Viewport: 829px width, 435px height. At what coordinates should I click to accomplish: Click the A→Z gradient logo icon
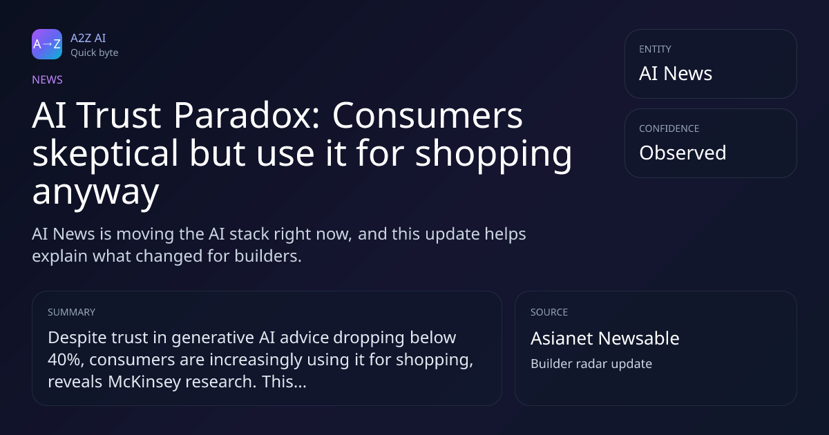(x=47, y=44)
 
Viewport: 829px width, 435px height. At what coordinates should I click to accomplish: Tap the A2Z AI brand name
(x=88, y=38)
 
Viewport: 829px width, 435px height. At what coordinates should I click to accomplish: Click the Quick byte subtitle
(x=95, y=53)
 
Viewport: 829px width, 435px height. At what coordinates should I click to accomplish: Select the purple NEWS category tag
(x=47, y=80)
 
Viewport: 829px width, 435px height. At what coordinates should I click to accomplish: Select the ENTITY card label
(x=655, y=49)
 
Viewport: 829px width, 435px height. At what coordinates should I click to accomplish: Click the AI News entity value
(x=676, y=73)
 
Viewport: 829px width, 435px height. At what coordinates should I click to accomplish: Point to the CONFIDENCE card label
(x=669, y=128)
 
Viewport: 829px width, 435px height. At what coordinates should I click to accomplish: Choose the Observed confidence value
(x=683, y=153)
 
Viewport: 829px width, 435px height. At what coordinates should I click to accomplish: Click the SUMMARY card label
(x=71, y=312)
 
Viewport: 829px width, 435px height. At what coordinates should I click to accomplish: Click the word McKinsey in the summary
(x=144, y=382)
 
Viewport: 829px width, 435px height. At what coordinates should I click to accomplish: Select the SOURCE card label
(x=549, y=312)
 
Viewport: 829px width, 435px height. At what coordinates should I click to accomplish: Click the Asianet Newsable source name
(x=605, y=338)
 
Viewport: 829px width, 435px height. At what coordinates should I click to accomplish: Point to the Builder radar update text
(x=591, y=364)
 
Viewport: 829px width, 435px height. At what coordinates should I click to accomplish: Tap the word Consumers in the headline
(x=428, y=115)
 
